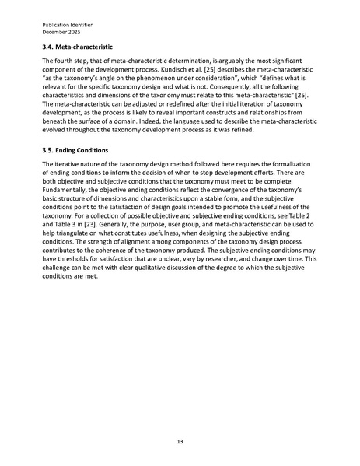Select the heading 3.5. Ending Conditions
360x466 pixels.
75,170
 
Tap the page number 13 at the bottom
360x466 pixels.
180,441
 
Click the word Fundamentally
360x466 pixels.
68,211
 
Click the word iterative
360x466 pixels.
64,187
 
